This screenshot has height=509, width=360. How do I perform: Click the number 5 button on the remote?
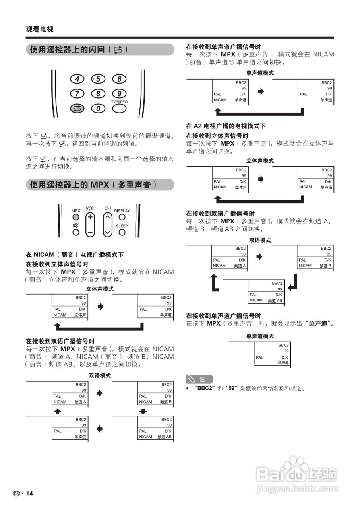tap(98, 79)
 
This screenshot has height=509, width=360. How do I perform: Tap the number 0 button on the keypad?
tap(98, 108)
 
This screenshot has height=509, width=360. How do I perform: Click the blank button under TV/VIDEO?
tap(119, 108)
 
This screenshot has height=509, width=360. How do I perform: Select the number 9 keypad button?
tap(119, 93)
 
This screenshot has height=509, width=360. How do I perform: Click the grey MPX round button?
tap(75, 217)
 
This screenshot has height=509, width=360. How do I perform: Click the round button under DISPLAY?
tap(122, 217)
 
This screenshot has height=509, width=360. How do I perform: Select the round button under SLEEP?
tap(122, 232)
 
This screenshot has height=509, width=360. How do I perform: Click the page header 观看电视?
tap(40, 29)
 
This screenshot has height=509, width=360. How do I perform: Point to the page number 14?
tap(29, 493)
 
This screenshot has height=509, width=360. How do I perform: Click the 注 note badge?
tap(199, 379)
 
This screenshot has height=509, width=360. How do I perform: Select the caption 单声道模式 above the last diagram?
tap(260, 336)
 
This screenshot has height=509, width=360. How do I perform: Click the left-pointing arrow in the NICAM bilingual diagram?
tap(99, 429)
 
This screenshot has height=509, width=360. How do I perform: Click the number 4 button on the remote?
tap(77, 79)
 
